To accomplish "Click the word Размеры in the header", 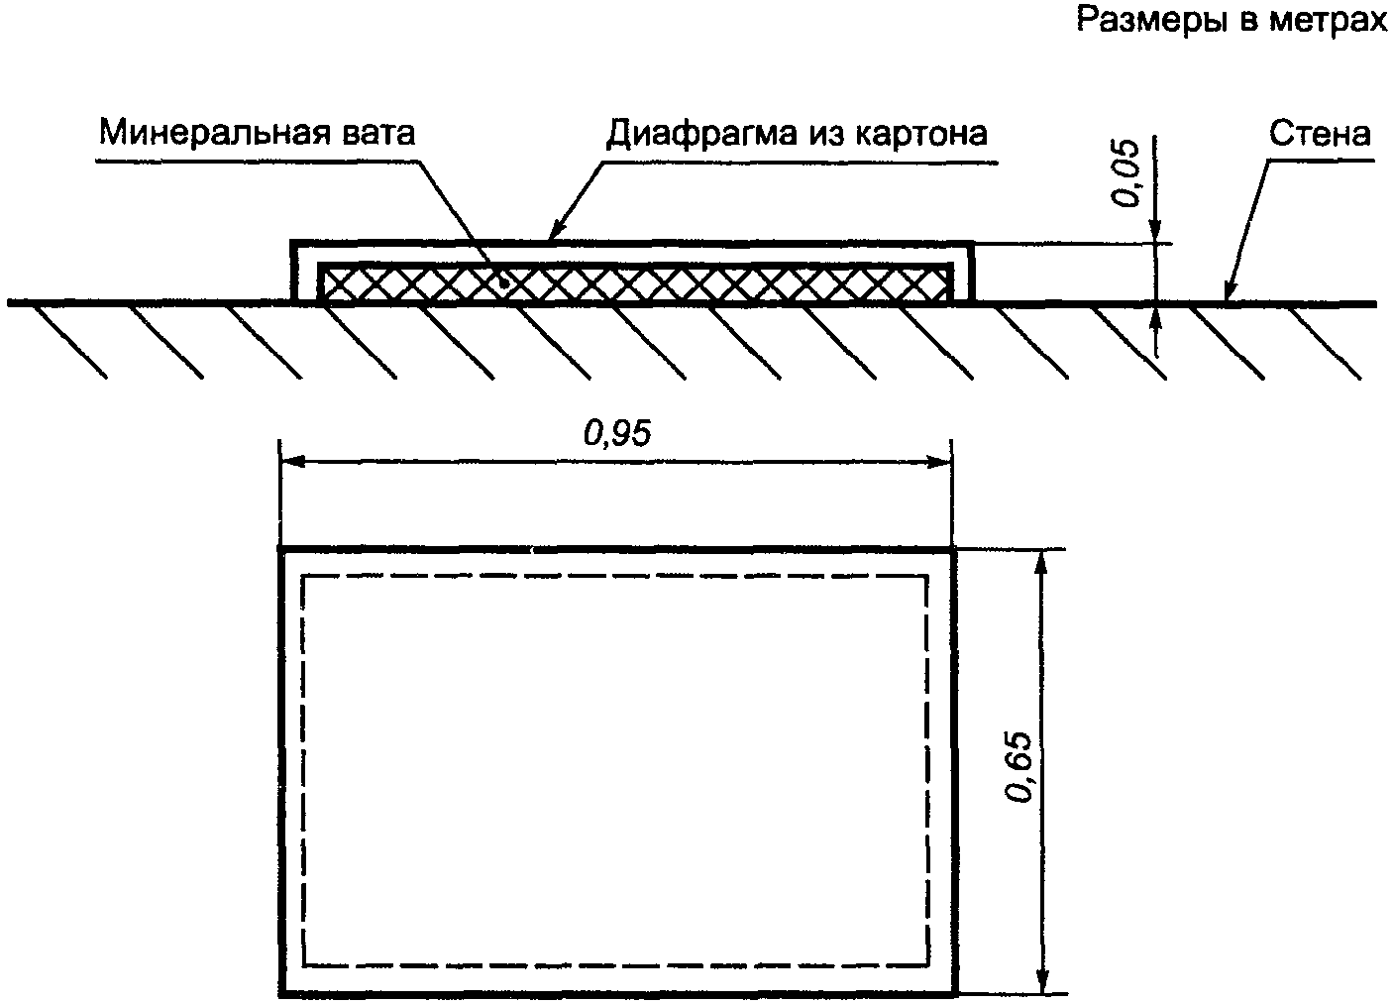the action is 1140,21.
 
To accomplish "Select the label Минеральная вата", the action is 256,131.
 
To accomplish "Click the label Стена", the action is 1320,133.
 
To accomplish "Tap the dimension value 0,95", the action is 617,433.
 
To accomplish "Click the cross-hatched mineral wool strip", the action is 634,283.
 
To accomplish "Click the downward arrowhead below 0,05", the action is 1155,233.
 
